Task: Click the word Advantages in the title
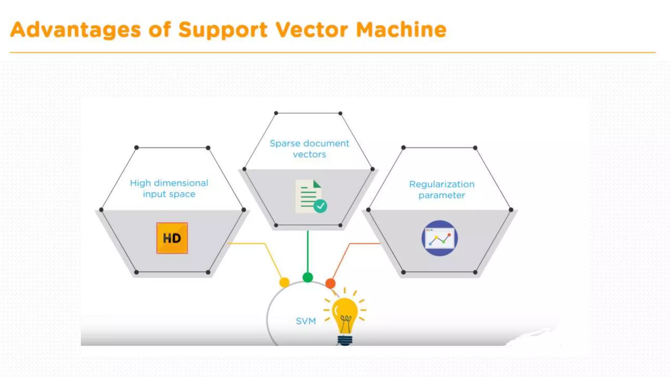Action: tap(76, 30)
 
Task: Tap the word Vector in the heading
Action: tap(311, 30)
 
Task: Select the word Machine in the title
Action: tap(401, 30)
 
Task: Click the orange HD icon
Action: tap(172, 238)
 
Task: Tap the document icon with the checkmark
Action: tap(309, 196)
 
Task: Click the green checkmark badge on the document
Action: tap(320, 206)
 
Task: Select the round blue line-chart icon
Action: tap(439, 238)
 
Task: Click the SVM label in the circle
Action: tap(306, 321)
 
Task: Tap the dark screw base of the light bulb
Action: tap(345, 340)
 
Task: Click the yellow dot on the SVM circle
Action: tap(284, 282)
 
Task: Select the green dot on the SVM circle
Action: tap(308, 278)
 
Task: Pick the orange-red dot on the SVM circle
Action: tap(330, 283)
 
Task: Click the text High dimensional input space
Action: tap(169, 188)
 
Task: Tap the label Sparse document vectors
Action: tap(309, 149)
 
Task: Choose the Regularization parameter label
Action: tap(442, 189)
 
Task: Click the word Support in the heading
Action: tap(223, 30)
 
